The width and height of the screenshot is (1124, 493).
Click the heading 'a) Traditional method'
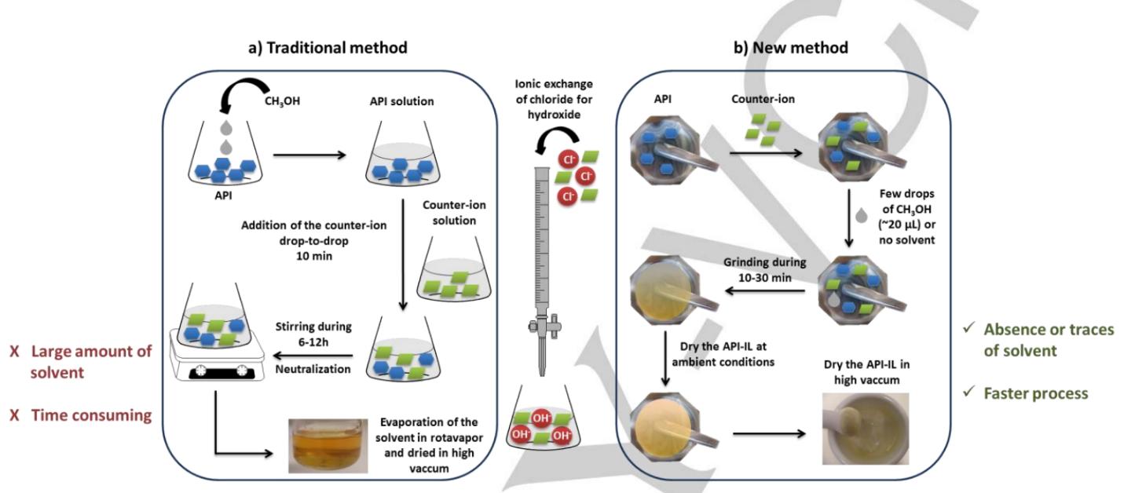pyautogui.click(x=328, y=48)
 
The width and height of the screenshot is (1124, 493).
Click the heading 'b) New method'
pyautogui.click(x=790, y=48)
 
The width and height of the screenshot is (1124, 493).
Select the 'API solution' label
pyautogui.click(x=401, y=102)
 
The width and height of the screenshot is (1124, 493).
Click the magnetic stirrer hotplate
pyautogui.click(x=213, y=363)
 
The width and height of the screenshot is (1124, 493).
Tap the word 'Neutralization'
pyautogui.click(x=313, y=368)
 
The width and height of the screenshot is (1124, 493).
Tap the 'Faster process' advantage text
pyautogui.click(x=1035, y=393)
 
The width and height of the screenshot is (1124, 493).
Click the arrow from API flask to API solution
pyautogui.click(x=309, y=155)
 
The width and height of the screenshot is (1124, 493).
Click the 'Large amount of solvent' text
pyautogui.click(x=82, y=362)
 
